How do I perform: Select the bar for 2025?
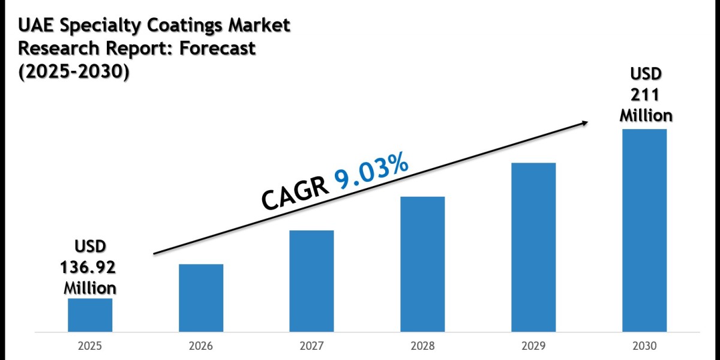(90, 314)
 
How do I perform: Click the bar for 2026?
(201, 298)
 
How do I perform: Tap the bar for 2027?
(311, 281)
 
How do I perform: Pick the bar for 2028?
(422, 264)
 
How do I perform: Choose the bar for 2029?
(533, 247)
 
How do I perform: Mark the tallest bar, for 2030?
(644, 230)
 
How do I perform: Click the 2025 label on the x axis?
(90, 347)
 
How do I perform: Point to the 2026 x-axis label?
(201, 347)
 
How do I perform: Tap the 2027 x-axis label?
(311, 347)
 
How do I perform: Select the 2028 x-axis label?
(422, 347)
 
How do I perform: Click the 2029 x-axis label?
(533, 347)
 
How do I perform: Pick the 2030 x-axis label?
(644, 347)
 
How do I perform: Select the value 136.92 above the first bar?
(90, 267)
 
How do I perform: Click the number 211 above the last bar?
(644, 94)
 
